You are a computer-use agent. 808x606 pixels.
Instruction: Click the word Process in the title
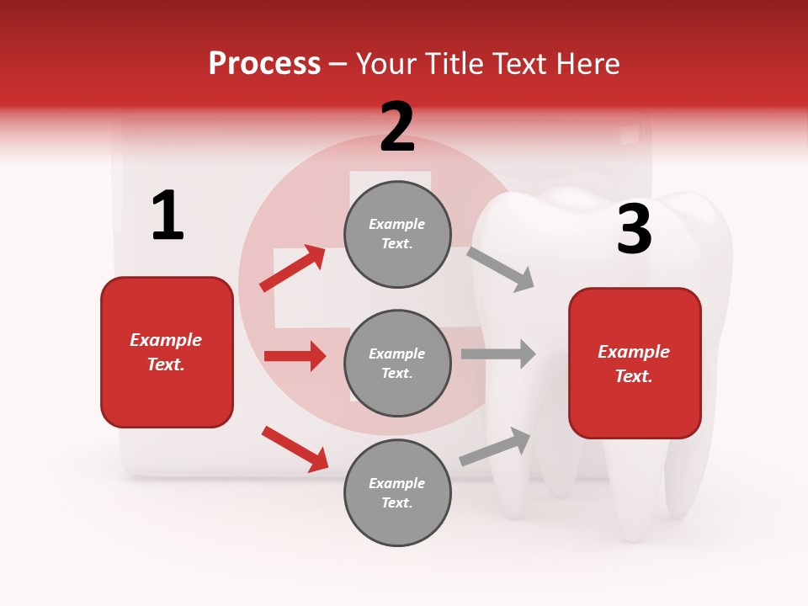point(264,64)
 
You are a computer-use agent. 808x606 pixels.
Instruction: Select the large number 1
point(167,215)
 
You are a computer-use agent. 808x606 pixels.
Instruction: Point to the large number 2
point(397,127)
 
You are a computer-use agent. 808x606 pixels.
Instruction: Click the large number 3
point(634,230)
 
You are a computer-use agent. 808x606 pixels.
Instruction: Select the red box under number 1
point(167,352)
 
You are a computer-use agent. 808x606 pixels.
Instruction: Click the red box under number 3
point(635,363)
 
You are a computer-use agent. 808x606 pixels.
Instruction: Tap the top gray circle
point(397,234)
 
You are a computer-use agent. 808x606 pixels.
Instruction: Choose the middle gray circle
point(397,363)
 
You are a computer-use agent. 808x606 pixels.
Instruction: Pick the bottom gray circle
point(397,492)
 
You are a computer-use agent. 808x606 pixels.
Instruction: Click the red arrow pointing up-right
point(293,268)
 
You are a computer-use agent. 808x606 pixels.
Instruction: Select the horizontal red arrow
point(295,356)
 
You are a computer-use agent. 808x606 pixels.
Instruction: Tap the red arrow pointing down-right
point(295,449)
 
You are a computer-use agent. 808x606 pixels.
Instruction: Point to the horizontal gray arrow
point(498,353)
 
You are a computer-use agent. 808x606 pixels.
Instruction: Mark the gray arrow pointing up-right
point(495,447)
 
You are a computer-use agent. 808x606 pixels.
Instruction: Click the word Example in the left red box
point(166,340)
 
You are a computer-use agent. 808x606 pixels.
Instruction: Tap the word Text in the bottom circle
point(396,502)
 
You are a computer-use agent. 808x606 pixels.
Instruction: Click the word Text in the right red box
point(633,376)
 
